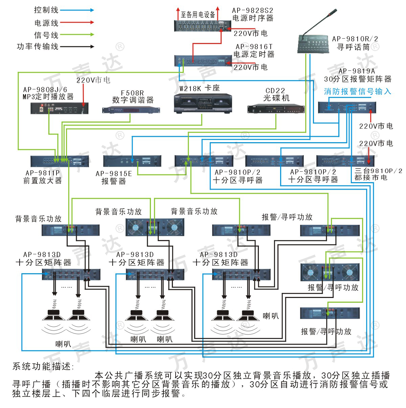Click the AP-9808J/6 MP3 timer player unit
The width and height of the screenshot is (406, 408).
pyautogui.click(x=60, y=108)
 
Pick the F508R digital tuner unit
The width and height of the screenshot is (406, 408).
pyautogui.click(x=131, y=110)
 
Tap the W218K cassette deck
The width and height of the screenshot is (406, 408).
pyautogui.click(x=203, y=103)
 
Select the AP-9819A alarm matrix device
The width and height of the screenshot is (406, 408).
pyautogui.click(x=347, y=108)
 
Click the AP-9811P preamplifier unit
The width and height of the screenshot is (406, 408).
pyautogui.click(x=60, y=160)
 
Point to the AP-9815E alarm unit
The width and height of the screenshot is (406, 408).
pyautogui.click(x=132, y=160)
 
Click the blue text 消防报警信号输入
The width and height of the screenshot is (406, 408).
pyautogui.click(x=357, y=91)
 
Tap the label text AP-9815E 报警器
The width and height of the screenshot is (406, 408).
pyautogui.click(x=114, y=177)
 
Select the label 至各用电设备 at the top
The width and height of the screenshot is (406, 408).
pyautogui.click(x=198, y=14)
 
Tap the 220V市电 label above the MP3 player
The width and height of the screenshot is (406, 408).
pyautogui.click(x=93, y=80)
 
